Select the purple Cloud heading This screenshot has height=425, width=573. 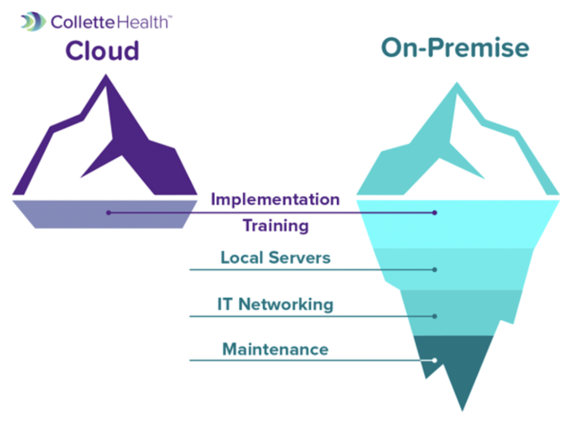click(x=103, y=51)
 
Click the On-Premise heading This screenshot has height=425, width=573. click(x=455, y=48)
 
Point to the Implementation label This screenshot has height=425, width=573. click(x=275, y=199)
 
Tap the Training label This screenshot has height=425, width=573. click(x=275, y=226)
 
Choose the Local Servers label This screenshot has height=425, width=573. click(x=275, y=258)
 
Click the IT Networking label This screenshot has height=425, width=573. click(x=275, y=304)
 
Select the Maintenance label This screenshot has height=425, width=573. click(x=275, y=349)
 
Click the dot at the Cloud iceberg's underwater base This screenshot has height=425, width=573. click(x=109, y=212)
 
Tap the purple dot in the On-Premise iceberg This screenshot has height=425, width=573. click(x=435, y=212)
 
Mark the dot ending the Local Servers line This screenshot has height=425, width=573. click(x=435, y=270)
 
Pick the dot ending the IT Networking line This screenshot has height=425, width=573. click(x=435, y=316)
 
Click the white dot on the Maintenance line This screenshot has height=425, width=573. click(x=435, y=360)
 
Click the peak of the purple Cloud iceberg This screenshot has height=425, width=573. click(x=106, y=78)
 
